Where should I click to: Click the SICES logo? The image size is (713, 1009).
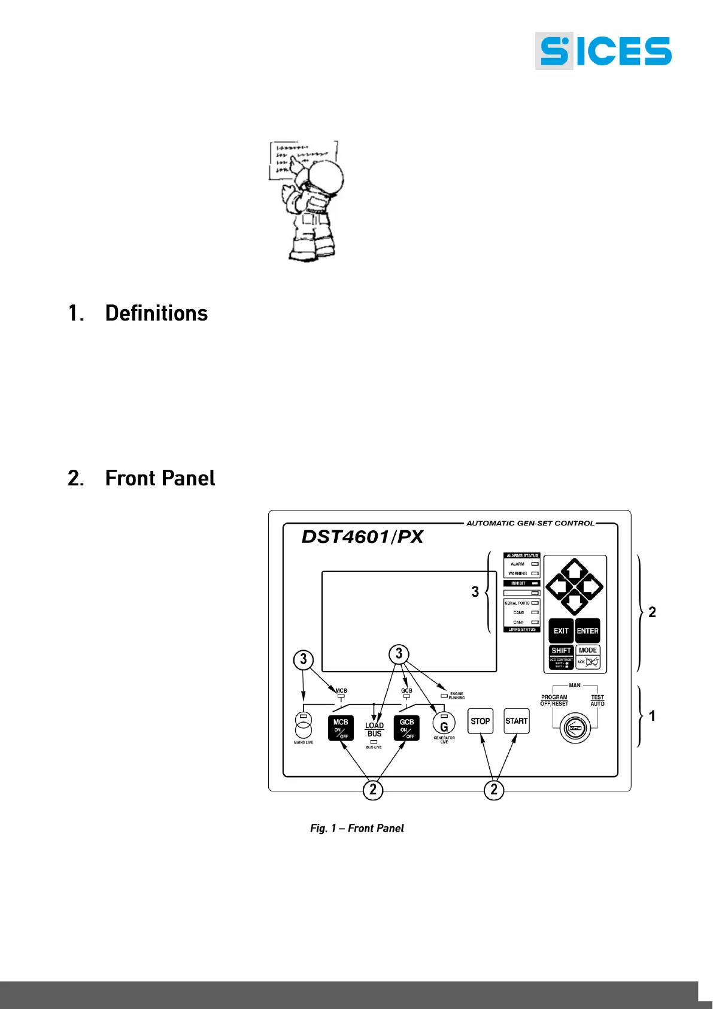(603, 52)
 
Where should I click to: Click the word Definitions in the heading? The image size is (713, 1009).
(156, 313)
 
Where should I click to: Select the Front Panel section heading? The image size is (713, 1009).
(160, 478)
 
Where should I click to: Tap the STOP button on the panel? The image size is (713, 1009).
(480, 721)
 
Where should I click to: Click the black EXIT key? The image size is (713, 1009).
(561, 631)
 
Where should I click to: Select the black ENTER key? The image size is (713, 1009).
(587, 631)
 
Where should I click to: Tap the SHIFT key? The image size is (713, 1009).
(561, 651)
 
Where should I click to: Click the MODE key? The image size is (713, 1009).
(588, 651)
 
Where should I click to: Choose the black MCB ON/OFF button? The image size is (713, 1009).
(341, 728)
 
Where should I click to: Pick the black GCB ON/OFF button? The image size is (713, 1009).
(406, 728)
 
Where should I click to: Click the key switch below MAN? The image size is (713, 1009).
(575, 729)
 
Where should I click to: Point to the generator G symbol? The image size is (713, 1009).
(444, 727)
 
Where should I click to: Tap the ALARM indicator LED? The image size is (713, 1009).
(535, 564)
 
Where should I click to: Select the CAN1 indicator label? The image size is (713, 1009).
(518, 622)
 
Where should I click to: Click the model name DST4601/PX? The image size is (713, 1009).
(362, 537)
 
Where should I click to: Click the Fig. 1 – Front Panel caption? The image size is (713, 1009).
(357, 828)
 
